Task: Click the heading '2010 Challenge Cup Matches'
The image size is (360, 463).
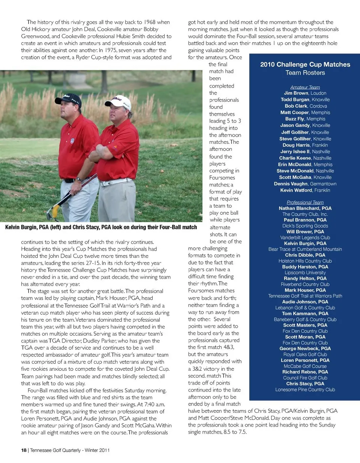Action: point(305,65)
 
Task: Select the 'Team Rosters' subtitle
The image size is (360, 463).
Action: point(305,73)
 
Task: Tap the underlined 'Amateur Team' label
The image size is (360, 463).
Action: point(305,87)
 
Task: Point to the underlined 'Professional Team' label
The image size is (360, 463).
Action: point(305,202)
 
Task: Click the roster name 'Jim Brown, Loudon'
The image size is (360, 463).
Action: point(305,93)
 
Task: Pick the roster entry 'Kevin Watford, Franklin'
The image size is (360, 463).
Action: point(305,190)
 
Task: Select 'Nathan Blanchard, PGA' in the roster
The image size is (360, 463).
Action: point(305,208)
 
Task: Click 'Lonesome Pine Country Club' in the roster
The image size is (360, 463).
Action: point(305,389)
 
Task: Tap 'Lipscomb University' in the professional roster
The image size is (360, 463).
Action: point(305,273)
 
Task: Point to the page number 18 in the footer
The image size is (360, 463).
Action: point(24,450)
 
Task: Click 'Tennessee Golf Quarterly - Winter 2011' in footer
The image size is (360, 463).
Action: point(70,450)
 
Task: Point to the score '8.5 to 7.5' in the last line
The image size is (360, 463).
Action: point(234,432)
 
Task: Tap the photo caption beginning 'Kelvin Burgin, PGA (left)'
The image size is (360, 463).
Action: point(101,227)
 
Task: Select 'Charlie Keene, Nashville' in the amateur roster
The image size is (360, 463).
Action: point(305,158)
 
